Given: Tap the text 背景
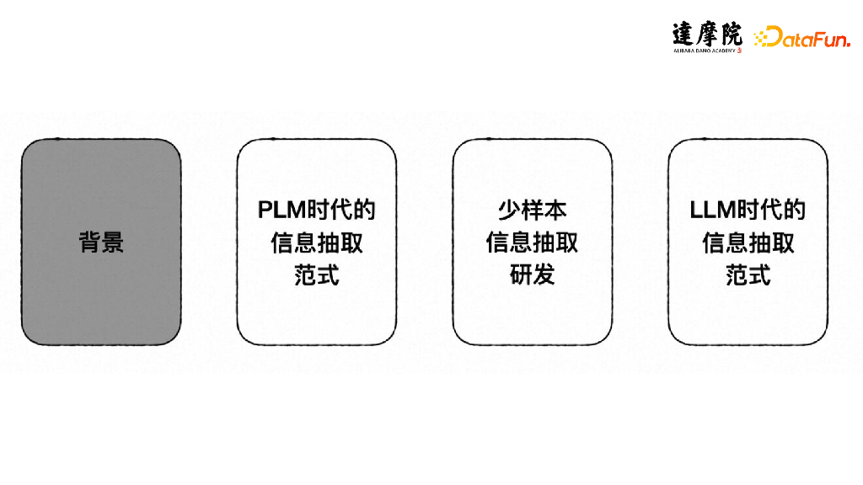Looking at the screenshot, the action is point(101,242).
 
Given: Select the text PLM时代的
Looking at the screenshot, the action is point(317,210).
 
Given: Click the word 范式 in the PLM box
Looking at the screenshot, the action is point(317,275).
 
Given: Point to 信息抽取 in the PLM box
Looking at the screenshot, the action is point(317,242).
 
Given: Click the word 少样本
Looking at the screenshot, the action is point(533,210).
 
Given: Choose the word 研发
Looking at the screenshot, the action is point(533,275).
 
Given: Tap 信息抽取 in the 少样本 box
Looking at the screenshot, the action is point(533,242).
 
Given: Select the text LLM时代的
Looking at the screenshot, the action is point(748,210).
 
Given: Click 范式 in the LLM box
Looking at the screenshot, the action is point(748,275).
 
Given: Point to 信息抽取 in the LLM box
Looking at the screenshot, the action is point(748,242).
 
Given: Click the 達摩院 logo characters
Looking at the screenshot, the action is point(708,34).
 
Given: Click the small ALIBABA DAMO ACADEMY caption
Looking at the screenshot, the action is point(705,51).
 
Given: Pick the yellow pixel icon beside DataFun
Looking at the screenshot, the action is point(764,37).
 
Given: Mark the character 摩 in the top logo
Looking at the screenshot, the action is point(708,34).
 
